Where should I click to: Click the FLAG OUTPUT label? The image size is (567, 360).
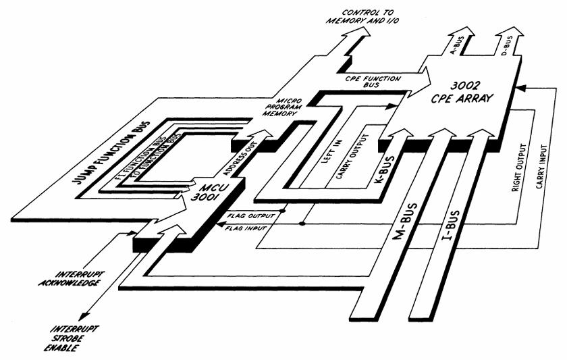pos(250,216)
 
